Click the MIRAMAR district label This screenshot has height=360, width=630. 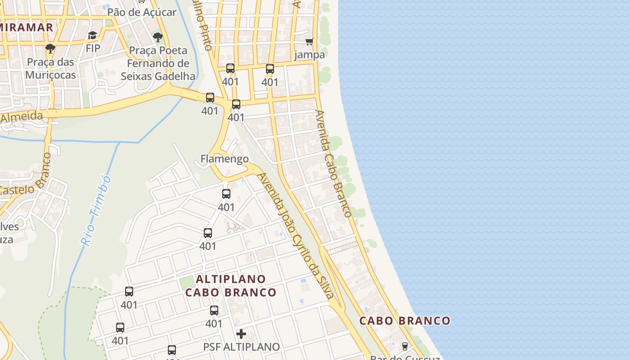26,27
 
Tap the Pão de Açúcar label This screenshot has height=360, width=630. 142,12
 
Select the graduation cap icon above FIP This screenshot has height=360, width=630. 93,35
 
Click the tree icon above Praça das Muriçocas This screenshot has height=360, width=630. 50,48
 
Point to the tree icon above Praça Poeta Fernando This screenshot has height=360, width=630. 157,37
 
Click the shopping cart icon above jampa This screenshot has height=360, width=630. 309,42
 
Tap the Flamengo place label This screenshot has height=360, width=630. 224,159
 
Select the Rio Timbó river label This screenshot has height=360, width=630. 96,210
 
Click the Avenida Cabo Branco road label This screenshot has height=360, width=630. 333,163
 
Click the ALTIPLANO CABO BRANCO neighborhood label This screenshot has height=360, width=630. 231,286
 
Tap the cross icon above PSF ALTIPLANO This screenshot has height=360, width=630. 241,334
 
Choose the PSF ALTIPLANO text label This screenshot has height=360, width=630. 241,347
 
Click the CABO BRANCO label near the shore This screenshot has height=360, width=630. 405,321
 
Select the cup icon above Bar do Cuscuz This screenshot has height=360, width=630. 405,346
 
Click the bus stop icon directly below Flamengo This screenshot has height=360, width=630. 226,194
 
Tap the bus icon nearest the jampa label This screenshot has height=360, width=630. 270,69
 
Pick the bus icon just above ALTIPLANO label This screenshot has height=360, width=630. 207,233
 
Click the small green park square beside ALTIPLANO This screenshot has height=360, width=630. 186,283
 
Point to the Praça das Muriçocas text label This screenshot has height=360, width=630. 50,68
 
